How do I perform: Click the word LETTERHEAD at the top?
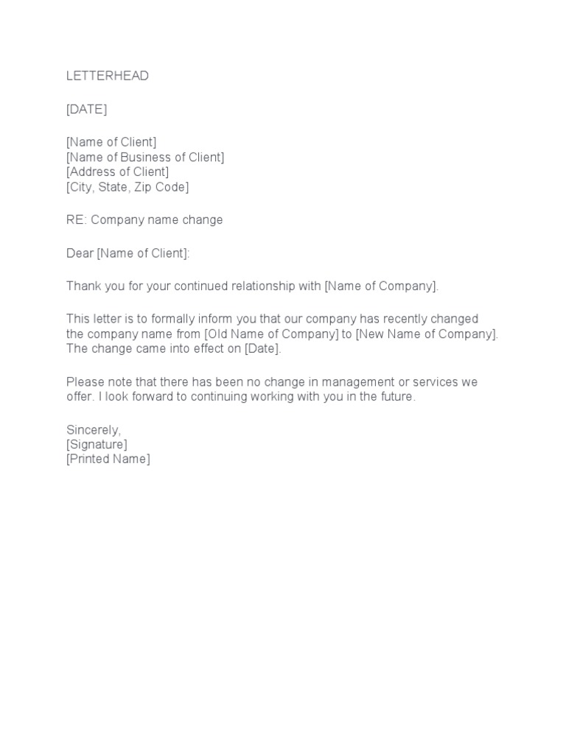pos(108,76)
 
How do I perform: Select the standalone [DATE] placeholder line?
pos(86,109)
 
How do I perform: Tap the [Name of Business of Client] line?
pos(145,157)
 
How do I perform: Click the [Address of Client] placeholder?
pos(117,172)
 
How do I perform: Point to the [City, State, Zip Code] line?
pos(127,187)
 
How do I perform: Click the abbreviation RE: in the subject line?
pos(77,219)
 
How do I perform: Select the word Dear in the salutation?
pos(80,253)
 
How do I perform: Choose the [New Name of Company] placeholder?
pos(426,334)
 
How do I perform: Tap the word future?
pos(396,396)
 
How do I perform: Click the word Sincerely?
pos(93,429)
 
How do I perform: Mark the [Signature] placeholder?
pos(97,444)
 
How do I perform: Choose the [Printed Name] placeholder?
pos(108,459)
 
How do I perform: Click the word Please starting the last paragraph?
pos(85,381)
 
